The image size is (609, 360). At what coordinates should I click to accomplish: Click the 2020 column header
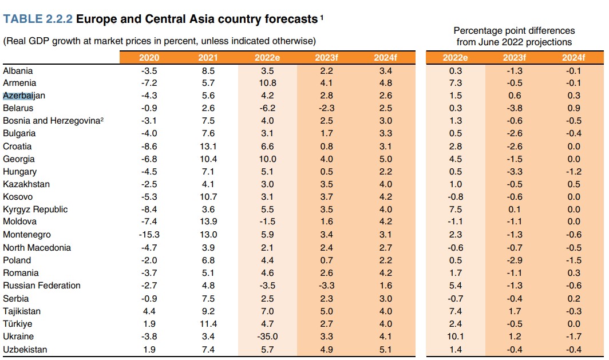[149, 58]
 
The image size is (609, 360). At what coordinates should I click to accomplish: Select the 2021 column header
[208, 58]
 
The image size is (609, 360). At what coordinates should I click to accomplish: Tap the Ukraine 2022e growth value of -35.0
[267, 337]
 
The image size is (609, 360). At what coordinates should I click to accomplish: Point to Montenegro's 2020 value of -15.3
[149, 235]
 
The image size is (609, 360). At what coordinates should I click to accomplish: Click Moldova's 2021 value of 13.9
[208, 221]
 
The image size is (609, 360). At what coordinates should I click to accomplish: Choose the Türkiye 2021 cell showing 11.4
[208, 324]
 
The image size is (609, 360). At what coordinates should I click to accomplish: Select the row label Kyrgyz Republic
[35, 209]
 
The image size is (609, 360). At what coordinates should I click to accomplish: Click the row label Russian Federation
[42, 286]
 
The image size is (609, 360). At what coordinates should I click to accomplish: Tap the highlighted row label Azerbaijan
[24, 96]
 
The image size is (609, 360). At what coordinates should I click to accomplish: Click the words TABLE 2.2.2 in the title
[38, 19]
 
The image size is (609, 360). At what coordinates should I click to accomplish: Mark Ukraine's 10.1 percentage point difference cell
[455, 337]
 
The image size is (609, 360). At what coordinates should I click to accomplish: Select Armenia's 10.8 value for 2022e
[267, 83]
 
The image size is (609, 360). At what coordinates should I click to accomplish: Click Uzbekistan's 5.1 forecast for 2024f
[385, 349]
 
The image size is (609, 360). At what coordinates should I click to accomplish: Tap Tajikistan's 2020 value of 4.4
[149, 311]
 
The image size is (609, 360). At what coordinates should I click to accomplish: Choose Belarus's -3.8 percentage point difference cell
[515, 108]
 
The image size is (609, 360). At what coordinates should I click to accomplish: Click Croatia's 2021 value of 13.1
[208, 147]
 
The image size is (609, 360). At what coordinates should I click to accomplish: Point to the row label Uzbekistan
[25, 349]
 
